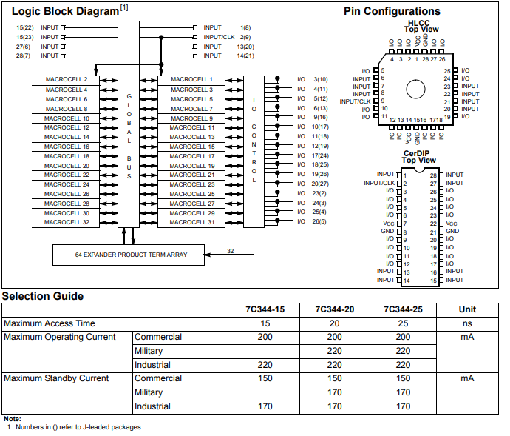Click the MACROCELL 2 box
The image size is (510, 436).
pyautogui.click(x=67, y=79)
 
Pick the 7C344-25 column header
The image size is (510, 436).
pyautogui.click(x=402, y=309)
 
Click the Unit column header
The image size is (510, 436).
pyautogui.click(x=467, y=309)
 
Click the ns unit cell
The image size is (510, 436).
pyautogui.click(x=467, y=323)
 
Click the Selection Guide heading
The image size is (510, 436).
pyautogui.click(x=42, y=296)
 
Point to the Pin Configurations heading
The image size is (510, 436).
pyautogui.click(x=392, y=11)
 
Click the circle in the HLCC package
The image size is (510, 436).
pyautogui.click(x=415, y=89)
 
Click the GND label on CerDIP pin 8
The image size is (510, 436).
pyautogui.click(x=388, y=231)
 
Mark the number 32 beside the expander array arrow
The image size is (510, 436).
pyautogui.click(x=230, y=252)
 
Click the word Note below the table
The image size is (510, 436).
pyautogui.click(x=12, y=419)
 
